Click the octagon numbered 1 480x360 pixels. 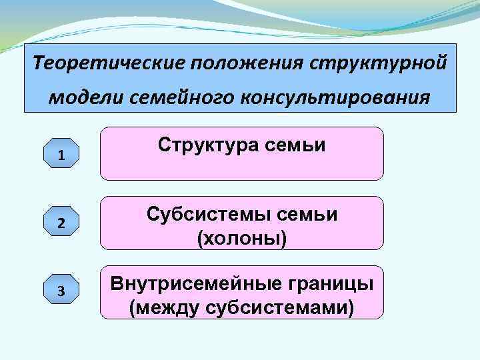[61, 155]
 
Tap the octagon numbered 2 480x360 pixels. [61, 223]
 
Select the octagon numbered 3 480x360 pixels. [61, 291]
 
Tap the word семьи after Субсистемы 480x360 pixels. [309, 215]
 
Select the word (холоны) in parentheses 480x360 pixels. [242, 238]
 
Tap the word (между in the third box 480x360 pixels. [159, 308]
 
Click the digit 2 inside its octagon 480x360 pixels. [61, 223]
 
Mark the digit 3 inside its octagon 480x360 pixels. [61, 291]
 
